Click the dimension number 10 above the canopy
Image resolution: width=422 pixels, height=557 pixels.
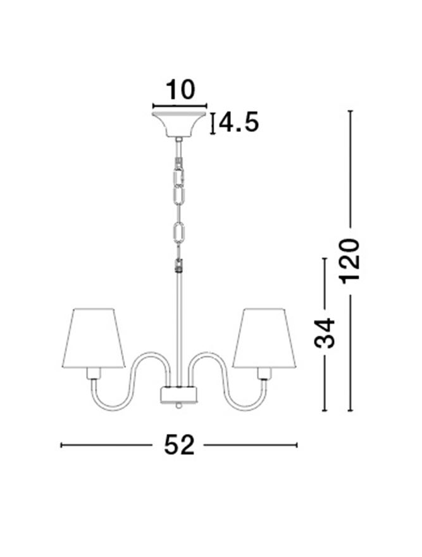[x=180, y=89]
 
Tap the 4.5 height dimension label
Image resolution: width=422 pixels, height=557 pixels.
[x=239, y=122]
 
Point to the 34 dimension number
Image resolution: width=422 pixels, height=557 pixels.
[x=325, y=333]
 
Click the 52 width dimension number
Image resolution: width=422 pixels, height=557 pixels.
[x=179, y=445]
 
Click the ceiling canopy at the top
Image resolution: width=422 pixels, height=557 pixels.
[x=179, y=124]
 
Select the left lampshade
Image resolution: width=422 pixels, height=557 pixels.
[x=93, y=338]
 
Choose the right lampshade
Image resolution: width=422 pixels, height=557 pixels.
[x=264, y=338]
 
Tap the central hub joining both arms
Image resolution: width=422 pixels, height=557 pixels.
[x=178, y=395]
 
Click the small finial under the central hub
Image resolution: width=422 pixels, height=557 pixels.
[x=178, y=406]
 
